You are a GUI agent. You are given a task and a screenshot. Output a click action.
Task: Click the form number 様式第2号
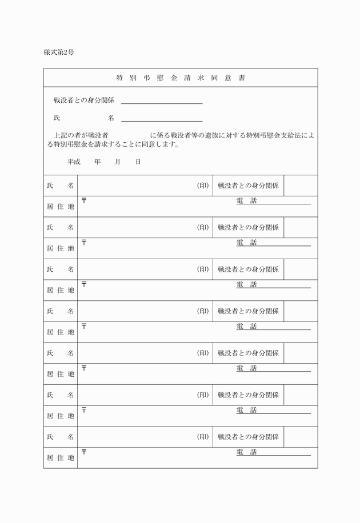click(x=59, y=53)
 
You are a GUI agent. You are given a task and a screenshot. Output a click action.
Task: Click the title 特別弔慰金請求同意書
click(x=180, y=78)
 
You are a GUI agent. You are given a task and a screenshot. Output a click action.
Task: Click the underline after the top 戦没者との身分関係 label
click(x=162, y=102)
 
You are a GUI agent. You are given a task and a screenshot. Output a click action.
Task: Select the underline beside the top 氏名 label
click(x=162, y=119)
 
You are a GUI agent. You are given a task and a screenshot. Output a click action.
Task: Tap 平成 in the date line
click(x=74, y=162)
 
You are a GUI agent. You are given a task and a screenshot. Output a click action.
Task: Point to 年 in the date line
click(x=98, y=162)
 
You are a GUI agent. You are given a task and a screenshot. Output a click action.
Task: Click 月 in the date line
click(x=118, y=162)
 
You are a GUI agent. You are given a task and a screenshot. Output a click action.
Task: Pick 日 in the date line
click(x=138, y=162)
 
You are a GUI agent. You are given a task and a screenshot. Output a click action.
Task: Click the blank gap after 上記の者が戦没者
click(x=129, y=135)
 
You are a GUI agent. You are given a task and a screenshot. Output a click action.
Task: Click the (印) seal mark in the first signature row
click(x=203, y=186)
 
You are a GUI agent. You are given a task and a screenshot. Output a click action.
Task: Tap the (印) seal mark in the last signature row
click(x=203, y=437)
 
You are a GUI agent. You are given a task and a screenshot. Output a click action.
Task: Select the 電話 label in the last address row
click(x=247, y=452)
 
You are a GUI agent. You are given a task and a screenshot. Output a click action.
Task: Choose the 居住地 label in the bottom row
click(x=61, y=457)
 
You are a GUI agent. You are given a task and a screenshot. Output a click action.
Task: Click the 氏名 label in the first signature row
click(x=61, y=186)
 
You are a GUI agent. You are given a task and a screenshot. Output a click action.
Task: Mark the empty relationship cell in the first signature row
click(x=301, y=186)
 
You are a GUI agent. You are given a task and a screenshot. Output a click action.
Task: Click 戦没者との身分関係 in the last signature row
click(x=249, y=437)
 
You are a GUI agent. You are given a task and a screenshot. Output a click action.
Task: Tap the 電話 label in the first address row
click(x=247, y=201)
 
